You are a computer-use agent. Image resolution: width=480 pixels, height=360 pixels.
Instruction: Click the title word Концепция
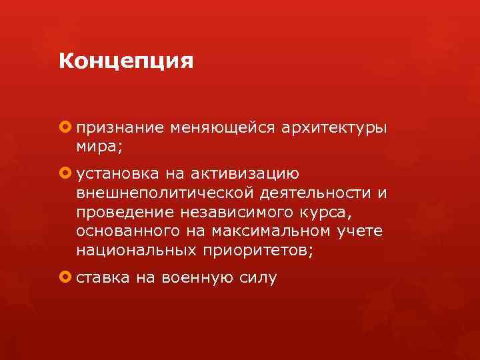coord(125,62)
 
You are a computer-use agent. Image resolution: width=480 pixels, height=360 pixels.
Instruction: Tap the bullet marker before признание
coord(65,127)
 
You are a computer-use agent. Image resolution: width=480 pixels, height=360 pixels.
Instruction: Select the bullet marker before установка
coord(65,174)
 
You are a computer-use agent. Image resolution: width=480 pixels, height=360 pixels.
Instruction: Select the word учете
coord(363,231)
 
